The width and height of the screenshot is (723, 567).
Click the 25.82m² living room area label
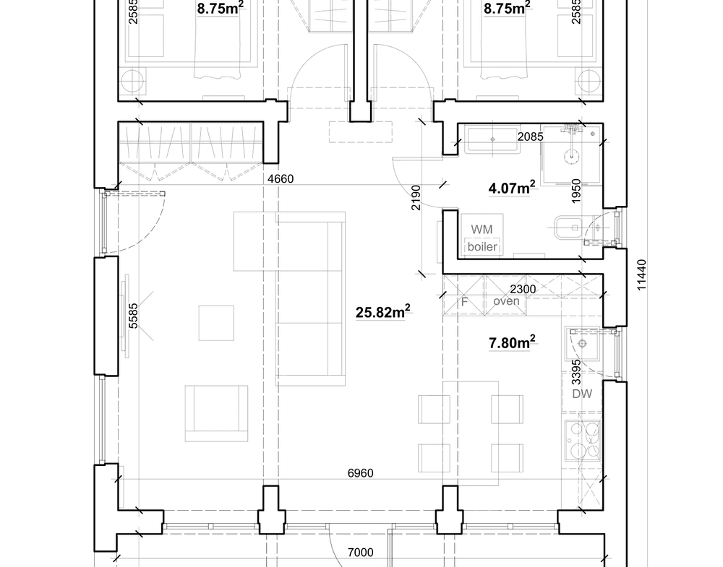[x=382, y=312]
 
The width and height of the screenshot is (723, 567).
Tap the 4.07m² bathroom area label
[x=512, y=188]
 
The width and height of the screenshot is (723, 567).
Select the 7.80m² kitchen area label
[x=512, y=342]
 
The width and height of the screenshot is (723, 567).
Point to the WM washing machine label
[x=482, y=230]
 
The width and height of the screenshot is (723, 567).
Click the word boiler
[x=482, y=246]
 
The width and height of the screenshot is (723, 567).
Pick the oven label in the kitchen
[x=506, y=301]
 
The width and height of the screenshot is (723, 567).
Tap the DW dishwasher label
[x=582, y=394]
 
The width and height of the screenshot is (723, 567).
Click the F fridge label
[x=464, y=303]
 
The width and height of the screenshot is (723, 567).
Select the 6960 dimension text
[x=360, y=473]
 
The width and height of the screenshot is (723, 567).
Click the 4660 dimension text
[x=281, y=178]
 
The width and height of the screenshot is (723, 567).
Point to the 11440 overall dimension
[x=641, y=275]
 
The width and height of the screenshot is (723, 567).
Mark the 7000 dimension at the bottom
[x=360, y=553]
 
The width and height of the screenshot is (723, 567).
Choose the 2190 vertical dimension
[x=416, y=198]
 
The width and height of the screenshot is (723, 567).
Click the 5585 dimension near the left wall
[x=133, y=316]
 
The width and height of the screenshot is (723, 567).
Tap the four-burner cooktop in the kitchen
[x=583, y=440]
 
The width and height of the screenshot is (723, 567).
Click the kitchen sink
[x=583, y=344]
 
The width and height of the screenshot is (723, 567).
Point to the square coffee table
[x=216, y=323]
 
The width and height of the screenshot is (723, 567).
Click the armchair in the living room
[x=216, y=414]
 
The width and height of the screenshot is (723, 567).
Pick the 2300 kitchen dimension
[x=523, y=289]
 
